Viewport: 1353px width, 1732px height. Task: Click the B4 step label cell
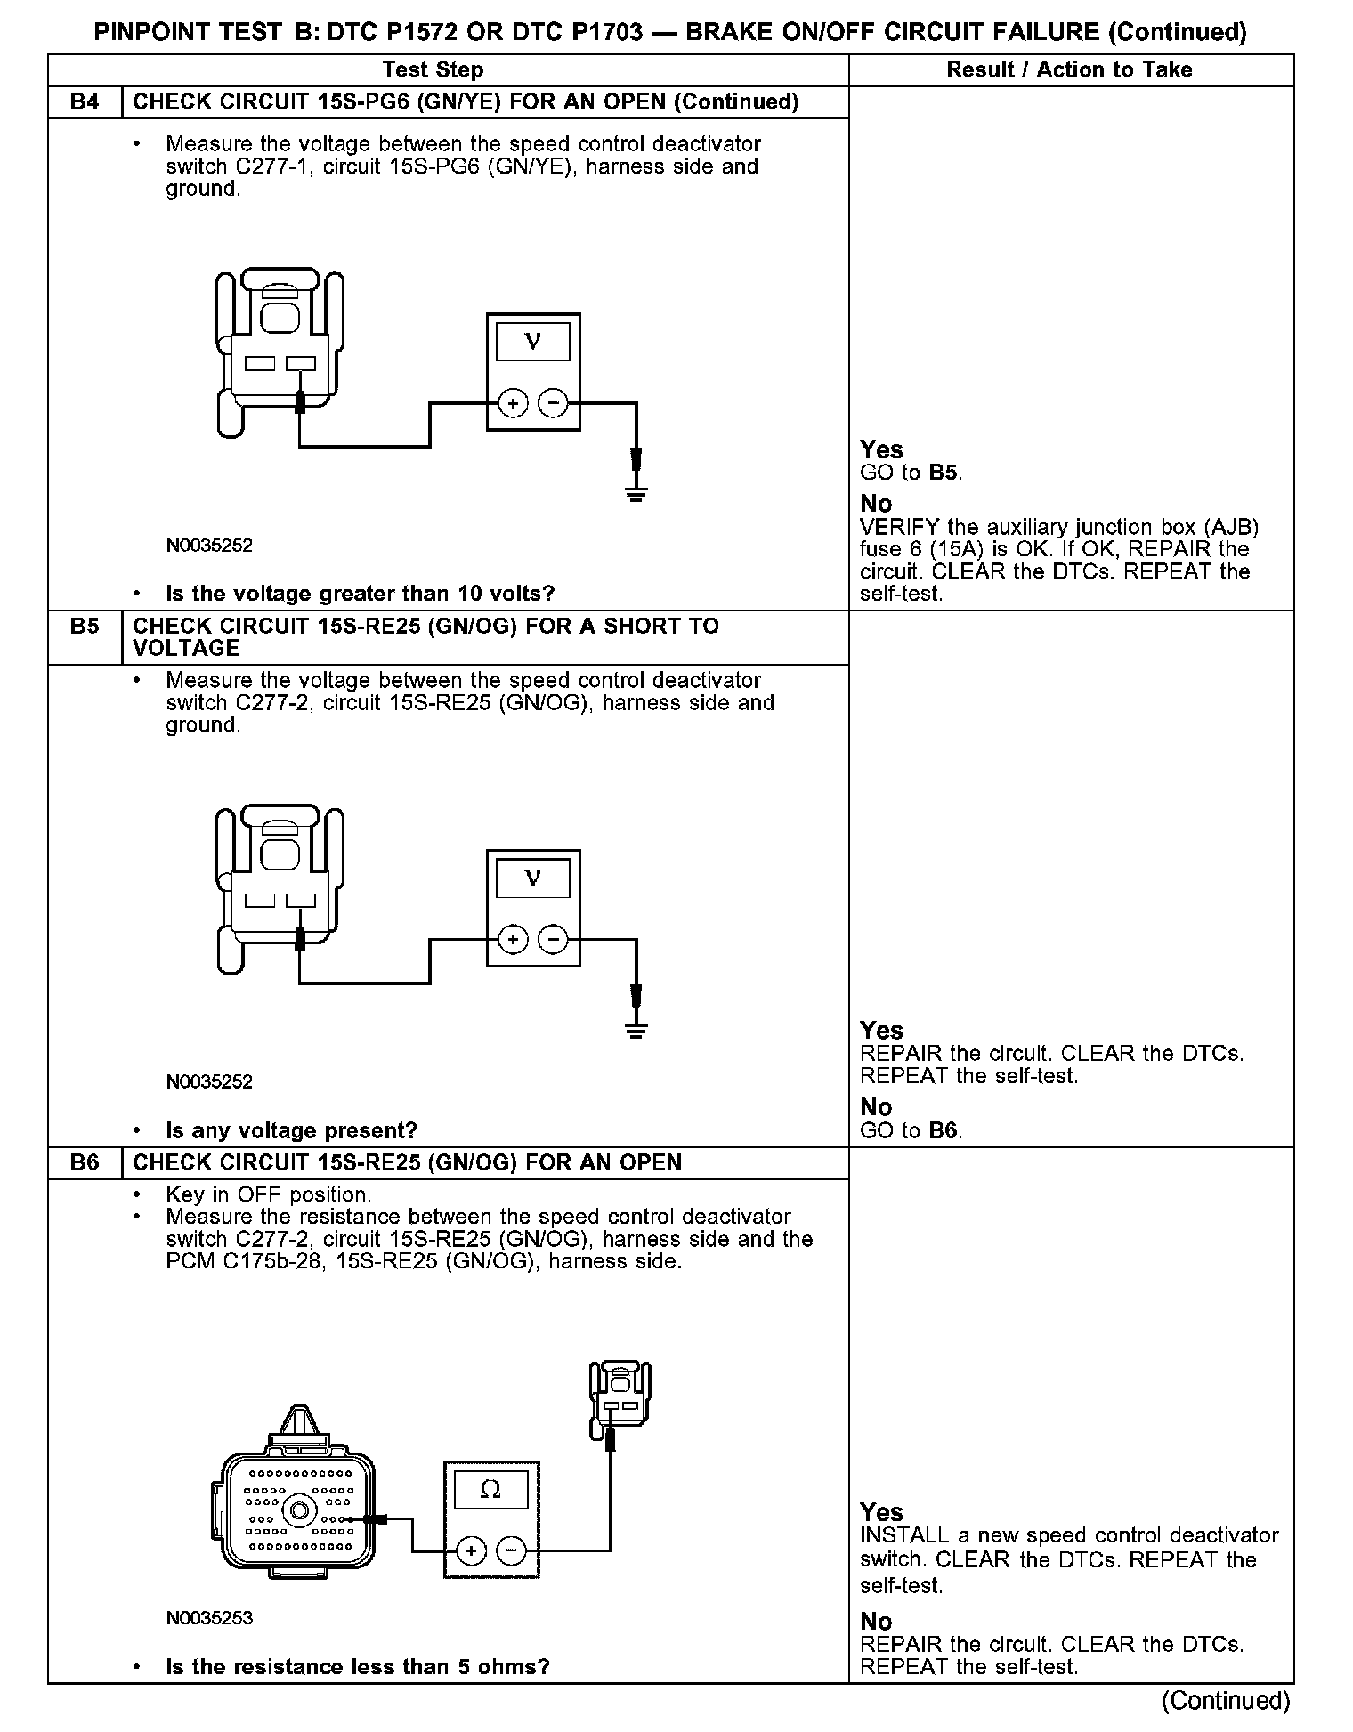pos(85,101)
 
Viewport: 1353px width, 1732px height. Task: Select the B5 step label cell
pos(85,627)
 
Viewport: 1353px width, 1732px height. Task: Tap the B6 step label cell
pos(85,1162)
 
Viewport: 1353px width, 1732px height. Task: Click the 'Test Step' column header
pos(433,69)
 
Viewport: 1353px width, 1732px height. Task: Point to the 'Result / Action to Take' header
pos(1069,69)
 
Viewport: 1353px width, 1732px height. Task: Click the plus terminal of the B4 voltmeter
pos(513,403)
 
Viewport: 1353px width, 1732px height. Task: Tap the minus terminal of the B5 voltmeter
pos(554,939)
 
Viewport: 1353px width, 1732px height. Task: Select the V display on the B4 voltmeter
pos(533,342)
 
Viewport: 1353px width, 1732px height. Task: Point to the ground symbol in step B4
pos(636,492)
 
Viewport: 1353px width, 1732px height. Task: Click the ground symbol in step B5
pos(636,1030)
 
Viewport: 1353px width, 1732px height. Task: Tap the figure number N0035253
pos(209,1617)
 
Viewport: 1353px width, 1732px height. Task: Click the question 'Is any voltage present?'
pos(292,1130)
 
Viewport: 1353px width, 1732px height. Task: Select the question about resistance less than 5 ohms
pos(357,1666)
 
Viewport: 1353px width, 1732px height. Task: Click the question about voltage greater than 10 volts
pos(361,594)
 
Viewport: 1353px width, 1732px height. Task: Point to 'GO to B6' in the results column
pos(911,1130)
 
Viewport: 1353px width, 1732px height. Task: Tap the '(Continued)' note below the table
pos(1226,1700)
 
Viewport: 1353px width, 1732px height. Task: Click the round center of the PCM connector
pos(299,1509)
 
